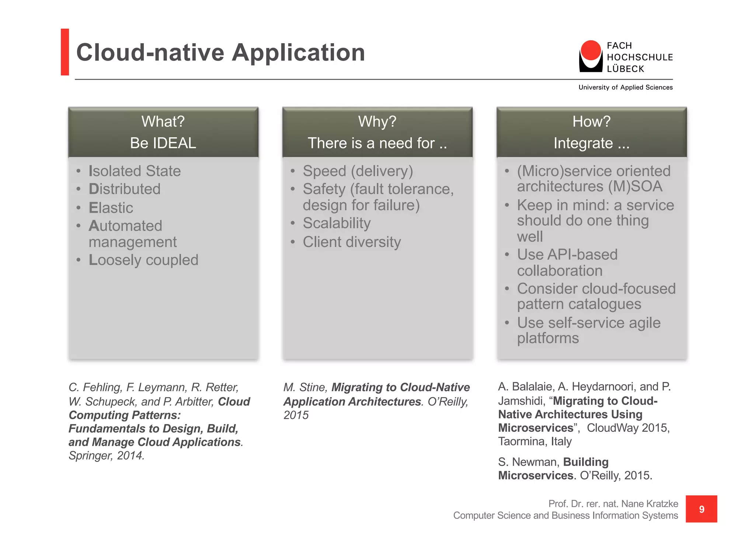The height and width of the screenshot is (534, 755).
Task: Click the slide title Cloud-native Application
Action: [x=220, y=52]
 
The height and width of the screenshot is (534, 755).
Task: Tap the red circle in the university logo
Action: [x=591, y=50]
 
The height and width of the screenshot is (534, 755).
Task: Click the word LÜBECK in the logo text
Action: [x=625, y=69]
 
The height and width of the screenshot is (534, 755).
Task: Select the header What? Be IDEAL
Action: [x=163, y=132]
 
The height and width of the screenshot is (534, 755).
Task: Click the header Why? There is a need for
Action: [x=377, y=132]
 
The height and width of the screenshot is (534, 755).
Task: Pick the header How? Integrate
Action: [x=591, y=132]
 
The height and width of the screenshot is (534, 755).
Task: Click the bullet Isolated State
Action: [x=135, y=171]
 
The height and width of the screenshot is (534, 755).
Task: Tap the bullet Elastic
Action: [x=111, y=208]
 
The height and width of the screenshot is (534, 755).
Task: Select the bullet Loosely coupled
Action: [x=143, y=260]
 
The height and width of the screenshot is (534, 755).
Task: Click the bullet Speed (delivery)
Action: [x=358, y=171]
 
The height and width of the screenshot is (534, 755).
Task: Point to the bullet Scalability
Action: [x=337, y=223]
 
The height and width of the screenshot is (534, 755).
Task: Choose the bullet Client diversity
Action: [x=352, y=242]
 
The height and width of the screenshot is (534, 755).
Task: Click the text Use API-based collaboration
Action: [x=567, y=262]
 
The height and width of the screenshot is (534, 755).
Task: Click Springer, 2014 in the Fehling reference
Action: [x=106, y=456]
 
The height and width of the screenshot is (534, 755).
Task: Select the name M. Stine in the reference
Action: [x=305, y=387]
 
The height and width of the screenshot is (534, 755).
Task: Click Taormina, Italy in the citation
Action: [x=535, y=441]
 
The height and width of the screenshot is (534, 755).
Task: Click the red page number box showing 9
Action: [x=701, y=509]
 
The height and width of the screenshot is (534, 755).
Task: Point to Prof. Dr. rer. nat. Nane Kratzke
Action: [x=613, y=504]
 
